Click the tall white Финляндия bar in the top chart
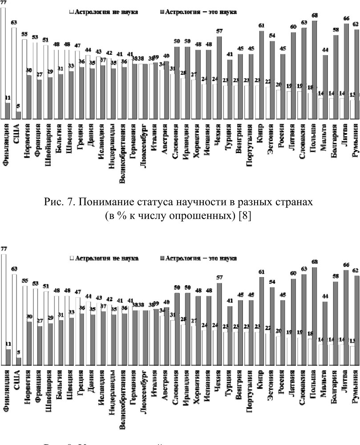(3, 62)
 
